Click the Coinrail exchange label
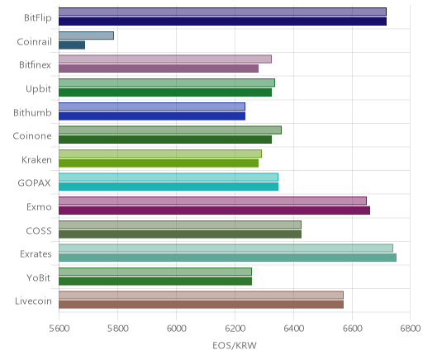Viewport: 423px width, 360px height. [x=34, y=42]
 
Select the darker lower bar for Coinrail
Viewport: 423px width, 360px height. [x=72, y=45]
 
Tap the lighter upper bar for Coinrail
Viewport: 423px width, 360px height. [x=86, y=36]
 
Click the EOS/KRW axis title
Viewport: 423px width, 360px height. [x=235, y=345]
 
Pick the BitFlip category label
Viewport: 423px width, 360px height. [x=38, y=18]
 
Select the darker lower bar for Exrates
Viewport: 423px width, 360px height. [x=227, y=258]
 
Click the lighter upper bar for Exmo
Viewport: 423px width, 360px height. [x=212, y=201]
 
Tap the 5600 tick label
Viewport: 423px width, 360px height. [x=59, y=329]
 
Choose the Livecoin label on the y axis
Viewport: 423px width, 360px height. [x=33, y=301]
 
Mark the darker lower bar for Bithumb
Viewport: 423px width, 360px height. [x=152, y=116]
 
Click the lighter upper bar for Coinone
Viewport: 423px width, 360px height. [x=170, y=130]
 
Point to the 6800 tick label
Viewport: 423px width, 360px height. [x=410, y=329]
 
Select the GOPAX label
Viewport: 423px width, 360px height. [x=34, y=183]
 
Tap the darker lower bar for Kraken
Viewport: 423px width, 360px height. [x=159, y=163]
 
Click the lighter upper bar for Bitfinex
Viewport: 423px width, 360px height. [x=165, y=59]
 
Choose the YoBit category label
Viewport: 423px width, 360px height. [x=39, y=277]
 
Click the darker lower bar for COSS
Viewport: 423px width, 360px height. [x=180, y=234]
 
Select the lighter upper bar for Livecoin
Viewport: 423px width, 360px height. [x=201, y=295]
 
